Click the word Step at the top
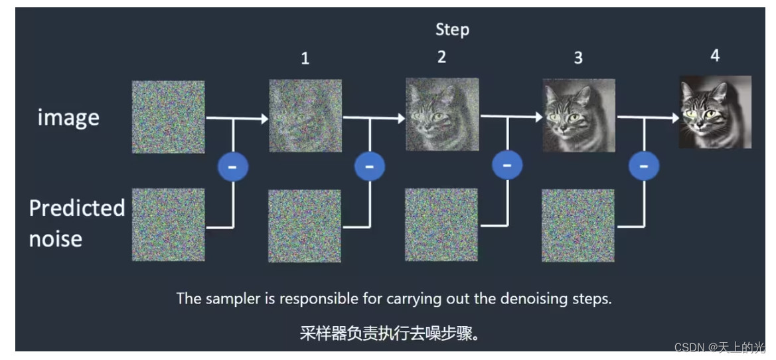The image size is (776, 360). [452, 29]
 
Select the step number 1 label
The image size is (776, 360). [305, 58]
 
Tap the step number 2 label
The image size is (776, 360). [441, 57]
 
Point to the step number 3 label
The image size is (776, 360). [578, 58]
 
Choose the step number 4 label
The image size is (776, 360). [715, 55]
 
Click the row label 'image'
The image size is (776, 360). [68, 118]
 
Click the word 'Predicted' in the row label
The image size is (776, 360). [77, 209]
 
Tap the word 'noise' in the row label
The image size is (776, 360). [56, 238]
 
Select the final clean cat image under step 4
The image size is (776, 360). [715, 112]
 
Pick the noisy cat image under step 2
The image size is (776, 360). [441, 114]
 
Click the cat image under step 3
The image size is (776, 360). [578, 116]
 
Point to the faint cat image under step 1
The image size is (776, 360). [305, 116]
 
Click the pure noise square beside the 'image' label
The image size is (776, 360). [168, 117]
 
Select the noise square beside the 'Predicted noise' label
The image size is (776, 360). [168, 225]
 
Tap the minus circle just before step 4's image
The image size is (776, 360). [643, 166]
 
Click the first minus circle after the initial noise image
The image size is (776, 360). [233, 167]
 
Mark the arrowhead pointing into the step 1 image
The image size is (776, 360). [264, 119]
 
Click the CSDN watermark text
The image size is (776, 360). [720, 347]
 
